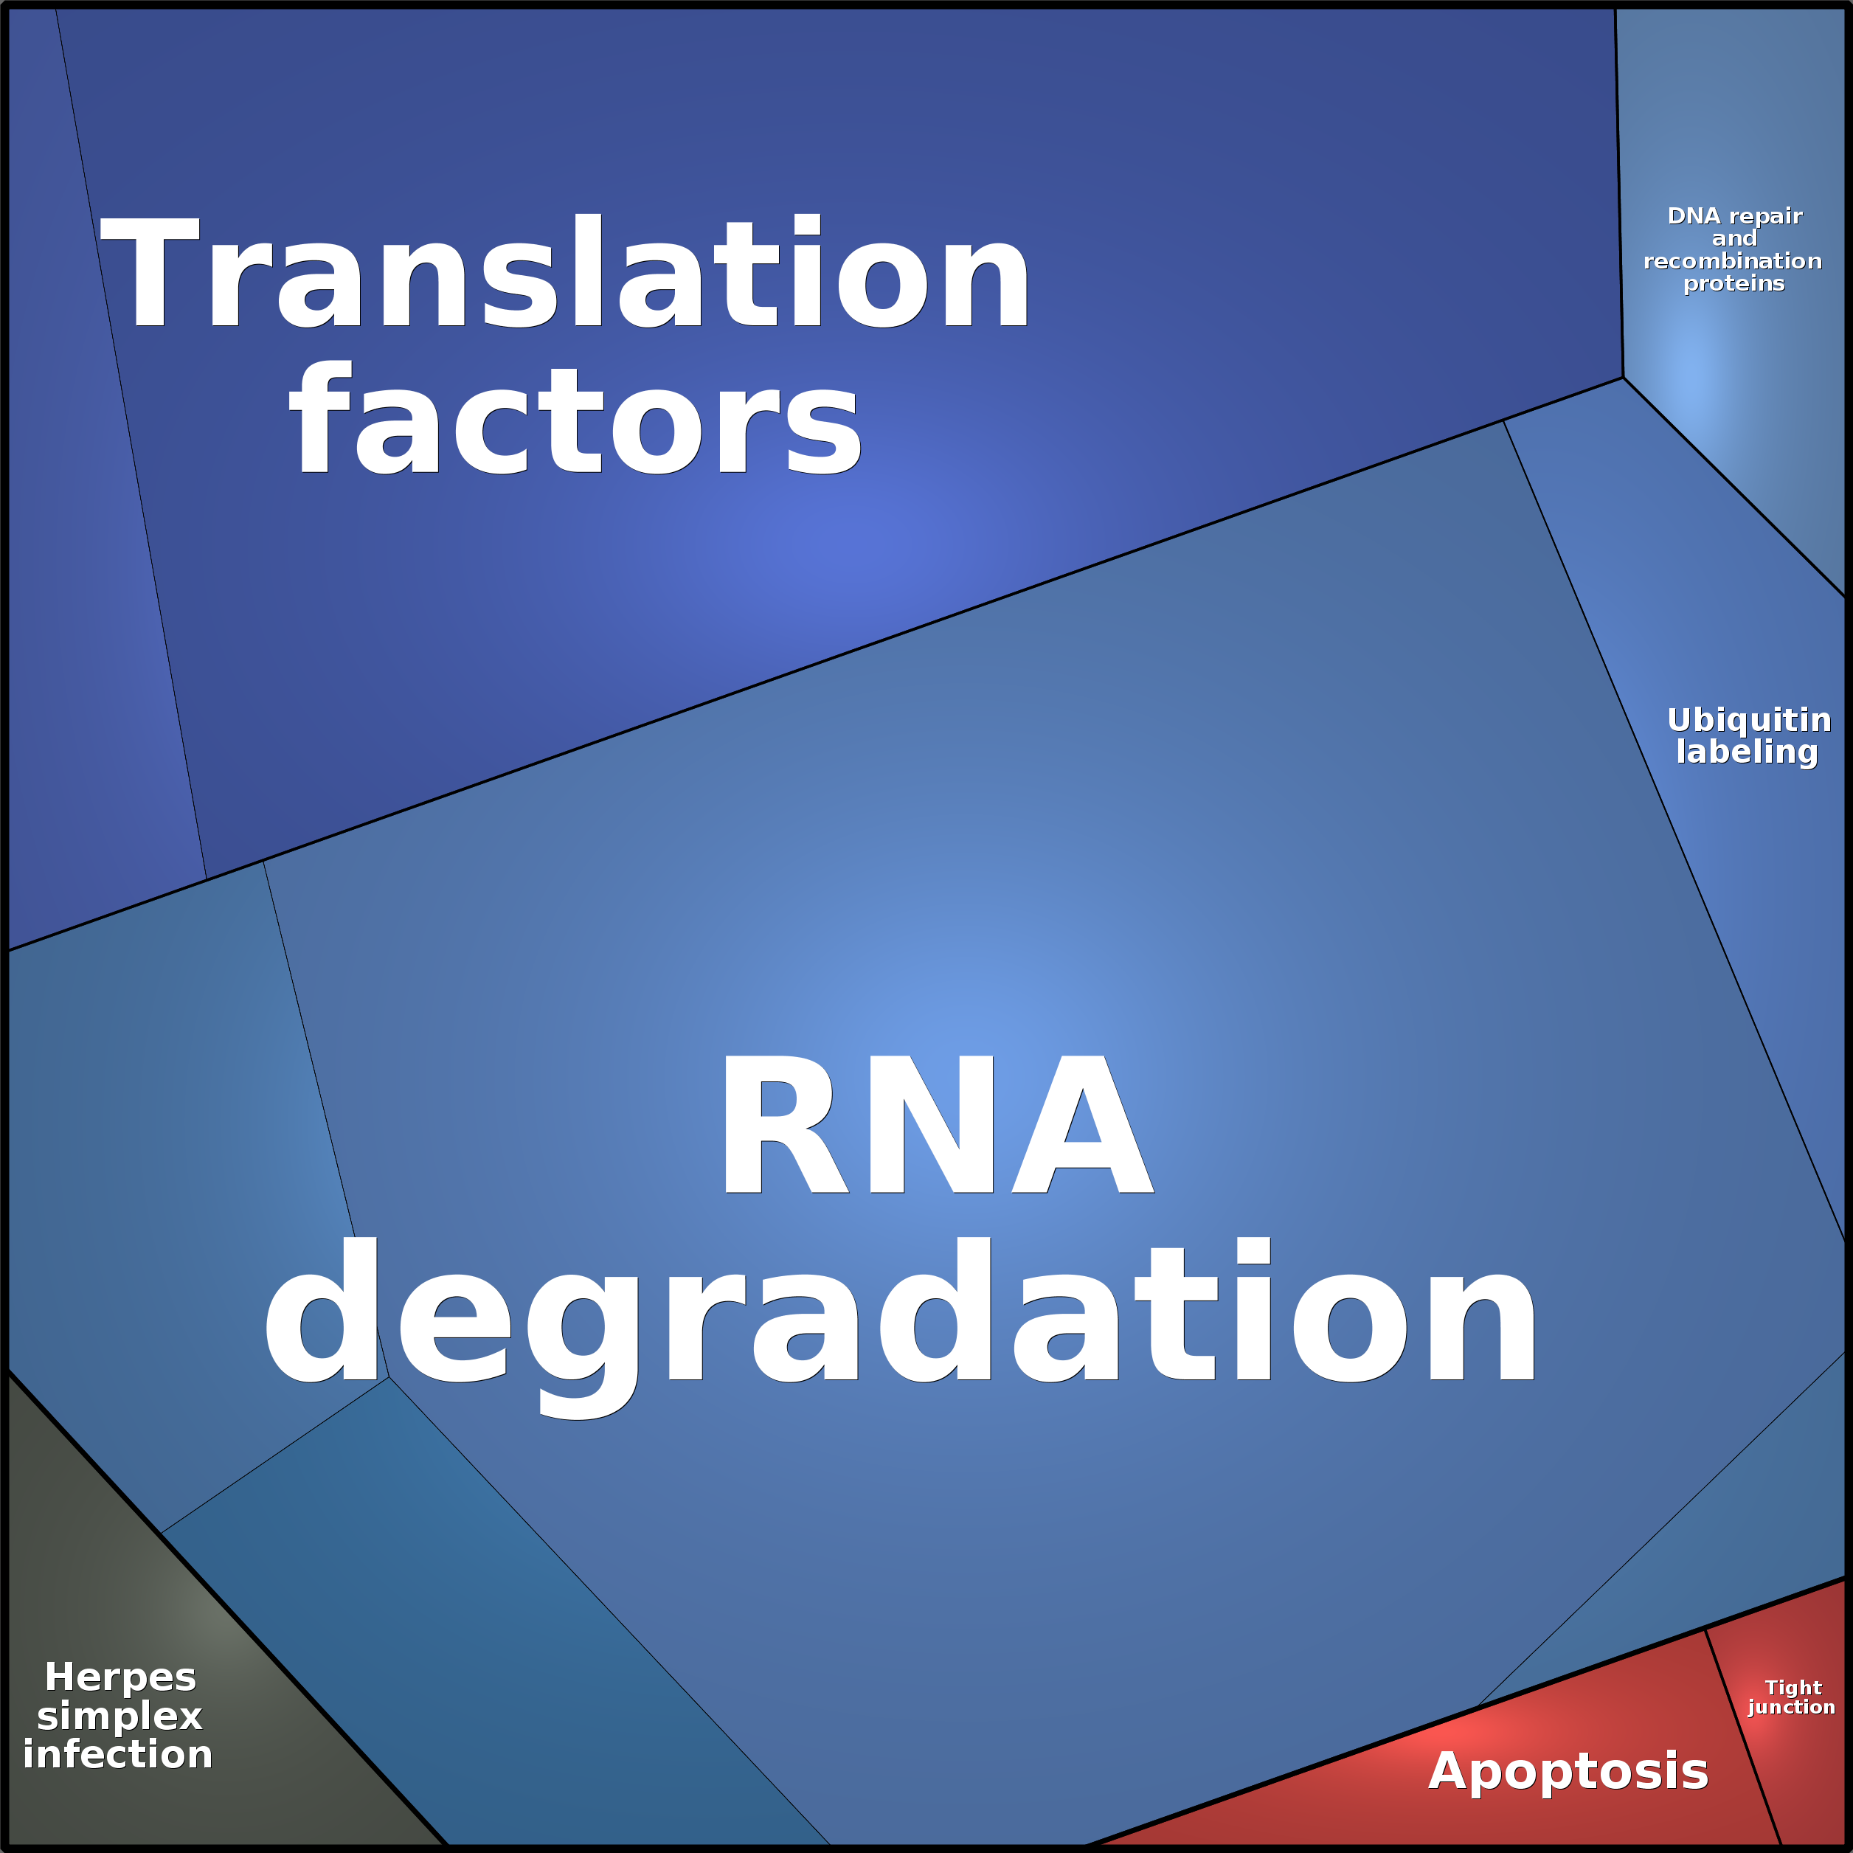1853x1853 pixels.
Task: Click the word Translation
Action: coord(565,271)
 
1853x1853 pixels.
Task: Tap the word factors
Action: coord(575,419)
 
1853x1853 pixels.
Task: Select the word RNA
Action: coord(937,1124)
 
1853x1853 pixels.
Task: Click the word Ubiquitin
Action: coord(1748,719)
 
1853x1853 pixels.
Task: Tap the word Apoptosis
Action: coord(1568,1770)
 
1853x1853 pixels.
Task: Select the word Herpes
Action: coord(121,1677)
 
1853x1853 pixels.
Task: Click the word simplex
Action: coord(120,1716)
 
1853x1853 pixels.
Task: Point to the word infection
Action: coord(118,1754)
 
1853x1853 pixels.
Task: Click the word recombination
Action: coord(1732,261)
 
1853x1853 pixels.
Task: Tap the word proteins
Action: coord(1734,284)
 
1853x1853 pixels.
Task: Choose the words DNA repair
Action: coord(1735,216)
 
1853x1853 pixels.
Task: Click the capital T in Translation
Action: coord(150,271)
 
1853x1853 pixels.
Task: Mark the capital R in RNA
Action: coord(786,1124)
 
